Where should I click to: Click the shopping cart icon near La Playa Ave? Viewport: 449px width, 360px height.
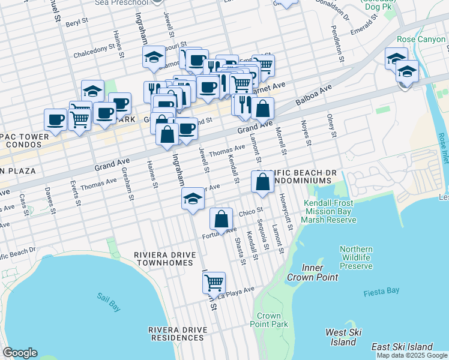click(x=214, y=281)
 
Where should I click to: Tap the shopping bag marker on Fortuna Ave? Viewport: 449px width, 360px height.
click(x=221, y=219)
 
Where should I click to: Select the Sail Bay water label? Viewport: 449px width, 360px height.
click(x=108, y=301)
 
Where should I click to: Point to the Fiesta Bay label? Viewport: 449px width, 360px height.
click(x=381, y=292)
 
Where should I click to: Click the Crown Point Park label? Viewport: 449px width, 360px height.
click(x=269, y=320)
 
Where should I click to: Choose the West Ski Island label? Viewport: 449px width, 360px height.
click(x=343, y=337)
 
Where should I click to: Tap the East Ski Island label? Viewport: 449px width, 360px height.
click(x=402, y=347)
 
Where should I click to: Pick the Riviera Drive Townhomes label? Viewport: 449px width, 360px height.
click(x=165, y=259)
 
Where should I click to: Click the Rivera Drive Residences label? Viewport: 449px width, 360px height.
click(x=178, y=334)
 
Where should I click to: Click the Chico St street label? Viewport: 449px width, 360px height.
click(x=252, y=211)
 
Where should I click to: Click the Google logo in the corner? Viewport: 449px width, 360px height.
click(x=20, y=353)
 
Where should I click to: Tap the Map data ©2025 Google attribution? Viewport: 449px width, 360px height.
click(x=412, y=355)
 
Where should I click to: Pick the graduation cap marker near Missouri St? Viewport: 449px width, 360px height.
click(x=154, y=57)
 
